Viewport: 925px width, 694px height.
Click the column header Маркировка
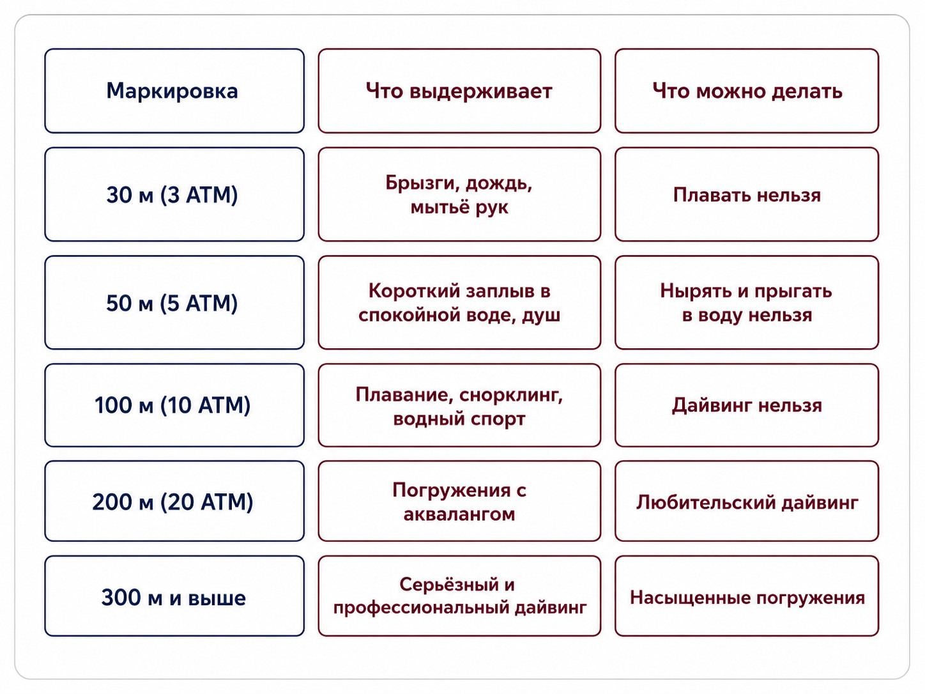(x=172, y=91)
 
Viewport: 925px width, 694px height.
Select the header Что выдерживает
(x=459, y=91)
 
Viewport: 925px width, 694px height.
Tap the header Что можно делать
(x=747, y=91)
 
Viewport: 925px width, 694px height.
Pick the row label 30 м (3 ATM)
(x=172, y=195)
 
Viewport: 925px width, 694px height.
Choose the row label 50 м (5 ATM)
(x=172, y=303)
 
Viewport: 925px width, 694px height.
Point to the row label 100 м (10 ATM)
(x=172, y=405)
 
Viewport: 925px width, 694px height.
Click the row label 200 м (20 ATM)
(x=172, y=502)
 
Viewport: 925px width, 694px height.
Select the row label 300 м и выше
(x=173, y=598)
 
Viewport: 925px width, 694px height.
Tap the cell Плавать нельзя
(x=747, y=195)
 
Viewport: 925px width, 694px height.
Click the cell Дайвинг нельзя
(x=747, y=405)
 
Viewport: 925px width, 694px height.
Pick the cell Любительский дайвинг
(x=747, y=502)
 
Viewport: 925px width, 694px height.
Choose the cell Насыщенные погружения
(x=747, y=598)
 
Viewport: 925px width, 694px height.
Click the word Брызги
(x=422, y=183)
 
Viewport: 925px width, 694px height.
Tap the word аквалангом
(x=459, y=514)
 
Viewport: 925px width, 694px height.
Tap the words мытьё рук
(x=459, y=207)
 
